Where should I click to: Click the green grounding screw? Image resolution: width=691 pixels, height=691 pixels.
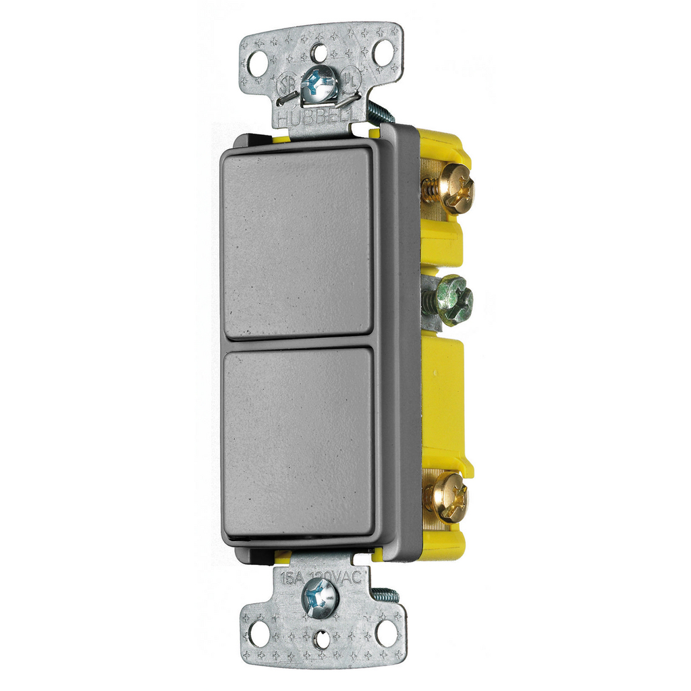(x=453, y=301)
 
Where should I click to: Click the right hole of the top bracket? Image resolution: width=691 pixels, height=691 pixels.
(x=382, y=52)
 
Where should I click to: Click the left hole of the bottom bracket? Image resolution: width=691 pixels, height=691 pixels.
(x=258, y=633)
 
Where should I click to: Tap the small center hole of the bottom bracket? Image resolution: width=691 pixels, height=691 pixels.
(x=323, y=637)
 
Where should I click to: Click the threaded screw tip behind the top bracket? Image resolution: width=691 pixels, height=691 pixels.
(x=379, y=112)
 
